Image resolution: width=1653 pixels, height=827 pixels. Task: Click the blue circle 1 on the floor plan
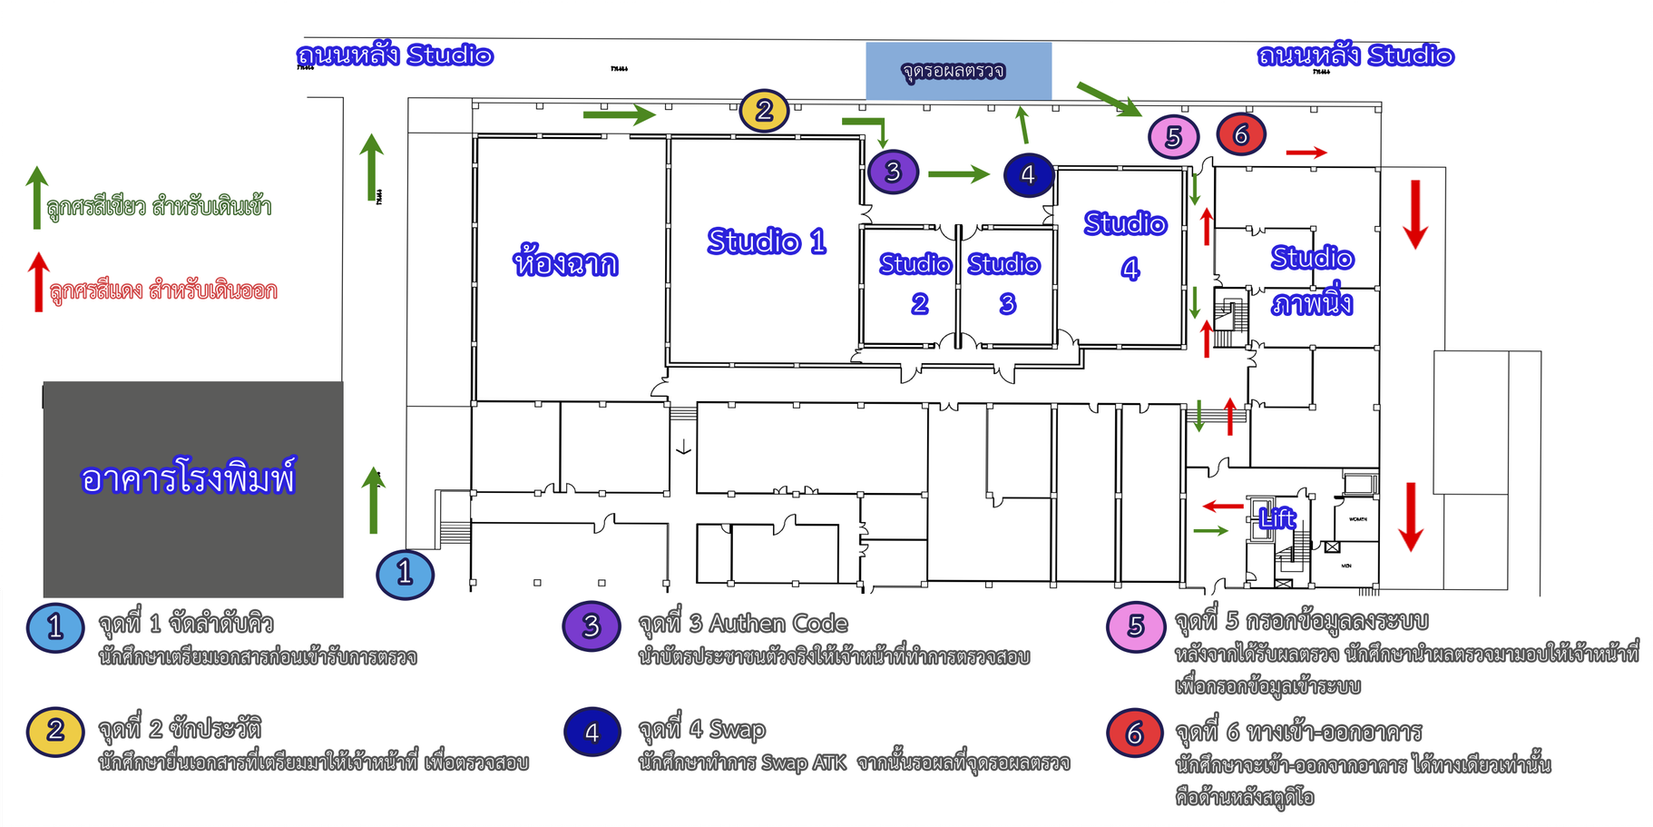tap(405, 574)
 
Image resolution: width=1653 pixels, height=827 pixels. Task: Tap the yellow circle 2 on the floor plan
tap(764, 111)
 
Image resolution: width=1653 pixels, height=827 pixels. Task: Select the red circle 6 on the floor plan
tap(1241, 134)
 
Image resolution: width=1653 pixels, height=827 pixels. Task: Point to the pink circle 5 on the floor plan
tap(1173, 137)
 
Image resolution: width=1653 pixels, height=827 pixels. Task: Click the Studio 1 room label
tap(767, 241)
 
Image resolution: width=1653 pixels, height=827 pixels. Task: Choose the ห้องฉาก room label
tap(565, 263)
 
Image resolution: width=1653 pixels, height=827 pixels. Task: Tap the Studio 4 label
tap(1126, 245)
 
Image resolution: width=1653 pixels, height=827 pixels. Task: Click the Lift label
tap(1277, 518)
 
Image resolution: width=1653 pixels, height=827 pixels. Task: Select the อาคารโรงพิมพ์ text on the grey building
tap(188, 478)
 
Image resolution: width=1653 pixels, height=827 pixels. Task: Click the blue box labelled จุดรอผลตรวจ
tap(958, 71)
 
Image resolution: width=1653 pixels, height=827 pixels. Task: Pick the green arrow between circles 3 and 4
tap(958, 173)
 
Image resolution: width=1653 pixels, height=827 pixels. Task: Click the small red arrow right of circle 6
tap(1306, 153)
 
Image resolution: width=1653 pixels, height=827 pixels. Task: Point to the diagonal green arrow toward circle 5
tap(1109, 99)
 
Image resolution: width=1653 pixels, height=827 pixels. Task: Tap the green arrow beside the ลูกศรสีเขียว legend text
tap(36, 197)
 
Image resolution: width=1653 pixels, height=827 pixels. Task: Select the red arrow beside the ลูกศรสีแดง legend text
tap(38, 282)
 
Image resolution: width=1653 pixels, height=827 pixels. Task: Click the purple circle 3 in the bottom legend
tap(592, 625)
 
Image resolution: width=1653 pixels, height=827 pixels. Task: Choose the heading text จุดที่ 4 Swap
tap(701, 730)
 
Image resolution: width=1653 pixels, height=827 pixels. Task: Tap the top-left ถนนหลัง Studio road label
tap(396, 55)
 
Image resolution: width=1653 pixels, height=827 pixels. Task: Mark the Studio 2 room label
tap(916, 282)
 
